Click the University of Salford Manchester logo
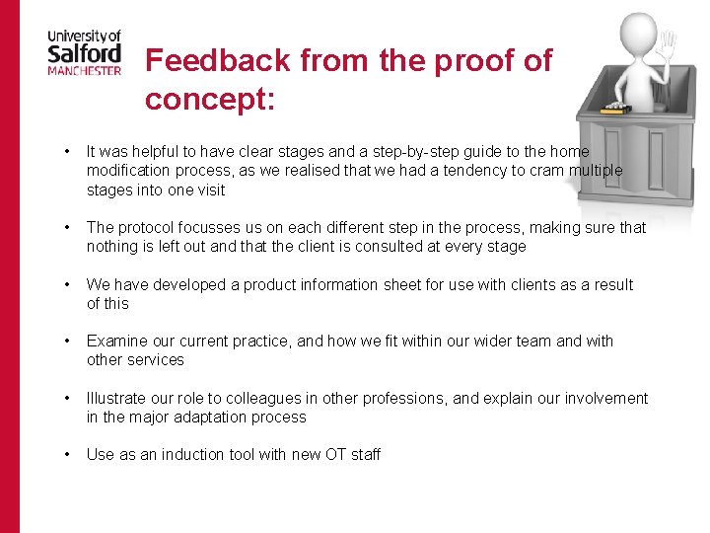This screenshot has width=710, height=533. point(84,52)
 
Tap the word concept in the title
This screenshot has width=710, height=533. point(209,99)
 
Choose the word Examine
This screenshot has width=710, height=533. point(116,342)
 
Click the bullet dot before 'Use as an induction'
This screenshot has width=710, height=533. point(65,455)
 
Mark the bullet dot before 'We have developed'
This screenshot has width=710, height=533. point(65,285)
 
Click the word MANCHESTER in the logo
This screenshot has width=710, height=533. point(84,71)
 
